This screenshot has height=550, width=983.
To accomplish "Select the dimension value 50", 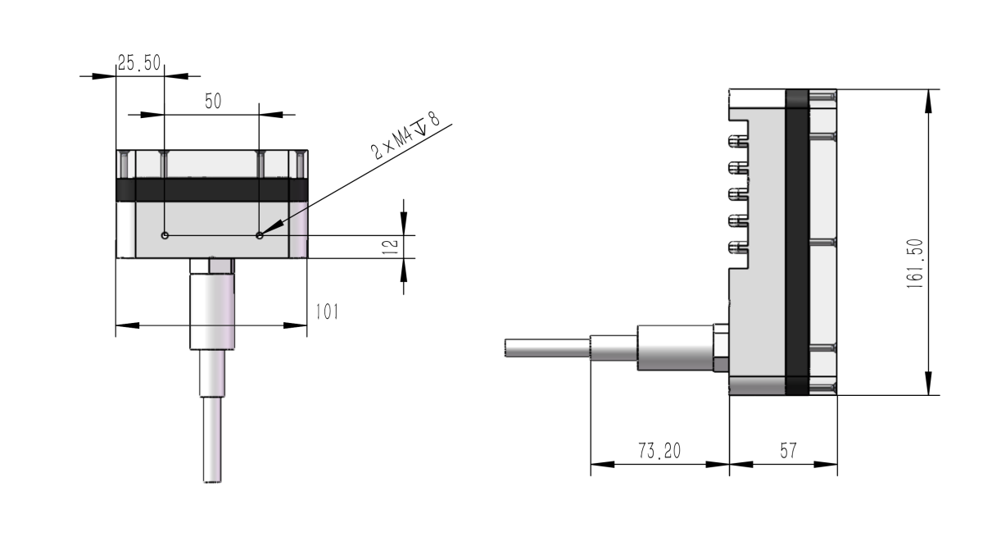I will [x=213, y=101].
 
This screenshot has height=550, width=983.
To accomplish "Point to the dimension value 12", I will [x=392, y=245].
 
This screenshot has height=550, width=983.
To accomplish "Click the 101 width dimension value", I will [x=324, y=311].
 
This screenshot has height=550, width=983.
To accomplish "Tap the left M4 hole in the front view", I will [x=165, y=235].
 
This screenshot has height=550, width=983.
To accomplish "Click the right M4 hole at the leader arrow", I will [x=260, y=235].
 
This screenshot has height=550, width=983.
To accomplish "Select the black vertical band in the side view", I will [x=797, y=242].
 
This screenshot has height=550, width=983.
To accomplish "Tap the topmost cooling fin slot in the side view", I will [x=739, y=142].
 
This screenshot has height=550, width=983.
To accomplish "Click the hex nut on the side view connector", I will [x=721, y=348].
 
